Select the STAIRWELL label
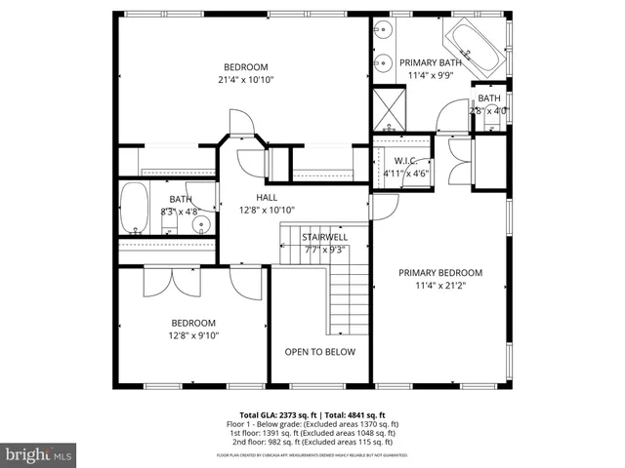tap(323, 236)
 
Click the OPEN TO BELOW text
tap(319, 352)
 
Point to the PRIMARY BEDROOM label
tap(440, 273)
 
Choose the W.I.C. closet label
tap(406, 161)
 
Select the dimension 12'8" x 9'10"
tap(194, 335)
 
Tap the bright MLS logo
tap(39, 453)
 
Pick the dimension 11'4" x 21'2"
tap(440, 286)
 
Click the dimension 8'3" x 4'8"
tap(180, 211)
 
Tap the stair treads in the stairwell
tap(347, 297)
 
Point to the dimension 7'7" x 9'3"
tap(323, 249)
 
